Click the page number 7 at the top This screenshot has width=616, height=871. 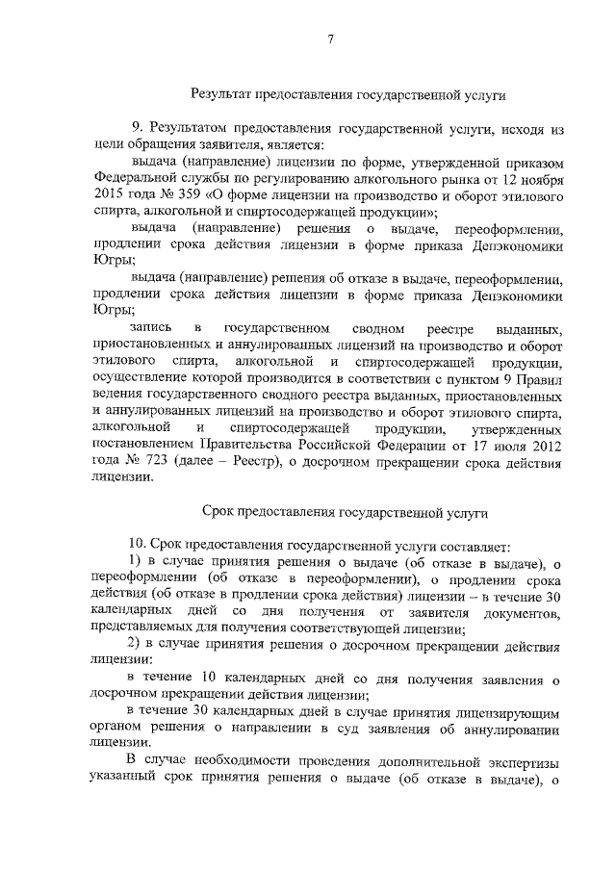click(329, 39)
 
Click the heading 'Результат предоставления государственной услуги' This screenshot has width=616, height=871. click(347, 94)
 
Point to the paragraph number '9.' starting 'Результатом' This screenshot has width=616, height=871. click(138, 127)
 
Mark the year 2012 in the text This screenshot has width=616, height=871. click(539, 444)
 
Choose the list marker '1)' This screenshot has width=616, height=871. click(136, 563)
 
